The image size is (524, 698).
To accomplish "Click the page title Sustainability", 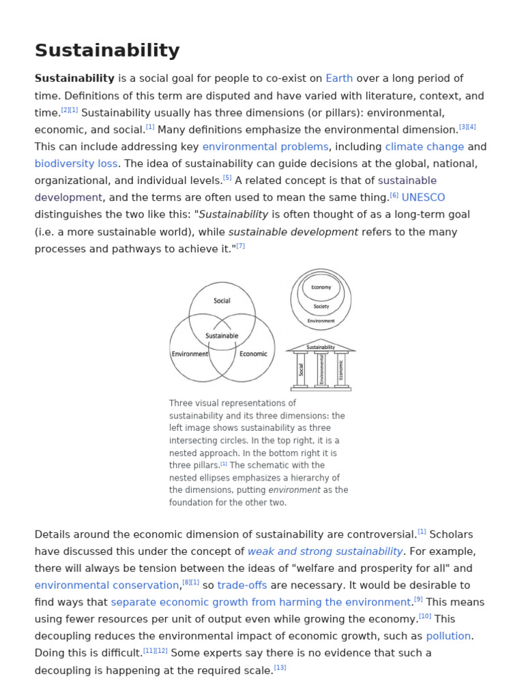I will (107, 50).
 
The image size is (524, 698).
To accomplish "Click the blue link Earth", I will (339, 78).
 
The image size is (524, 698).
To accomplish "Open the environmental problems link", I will (265, 147).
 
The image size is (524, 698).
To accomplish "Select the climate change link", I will (424, 147).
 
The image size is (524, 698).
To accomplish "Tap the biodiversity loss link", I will (76, 164).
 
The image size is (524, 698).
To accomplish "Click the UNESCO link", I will (423, 198).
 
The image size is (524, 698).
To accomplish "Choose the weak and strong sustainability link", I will (325, 551).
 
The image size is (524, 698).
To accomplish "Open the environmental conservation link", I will (106, 586).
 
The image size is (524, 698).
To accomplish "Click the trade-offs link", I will (242, 586).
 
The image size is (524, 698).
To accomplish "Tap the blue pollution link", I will (448, 636).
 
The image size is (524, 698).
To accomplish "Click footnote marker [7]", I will (240, 246).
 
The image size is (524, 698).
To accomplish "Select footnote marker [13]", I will (280, 667).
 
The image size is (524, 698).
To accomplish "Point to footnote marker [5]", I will (227, 178).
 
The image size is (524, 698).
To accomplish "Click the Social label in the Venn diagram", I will (222, 301).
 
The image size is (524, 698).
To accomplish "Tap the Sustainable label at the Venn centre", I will (222, 336).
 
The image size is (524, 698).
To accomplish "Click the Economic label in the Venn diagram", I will (253, 354).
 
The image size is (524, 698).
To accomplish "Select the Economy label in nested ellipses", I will (321, 288).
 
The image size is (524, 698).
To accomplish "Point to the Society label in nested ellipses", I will (321, 307).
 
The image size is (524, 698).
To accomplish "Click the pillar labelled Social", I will (301, 369).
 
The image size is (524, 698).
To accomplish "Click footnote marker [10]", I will (425, 616).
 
